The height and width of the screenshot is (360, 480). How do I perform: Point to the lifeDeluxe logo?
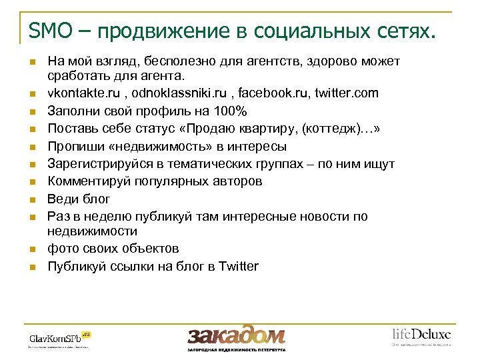click(421, 335)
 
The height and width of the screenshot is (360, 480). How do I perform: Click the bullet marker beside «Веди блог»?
click(31, 199)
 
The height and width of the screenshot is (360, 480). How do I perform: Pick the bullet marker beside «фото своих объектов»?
click(31, 250)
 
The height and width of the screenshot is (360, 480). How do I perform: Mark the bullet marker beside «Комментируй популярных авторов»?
click(31, 182)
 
